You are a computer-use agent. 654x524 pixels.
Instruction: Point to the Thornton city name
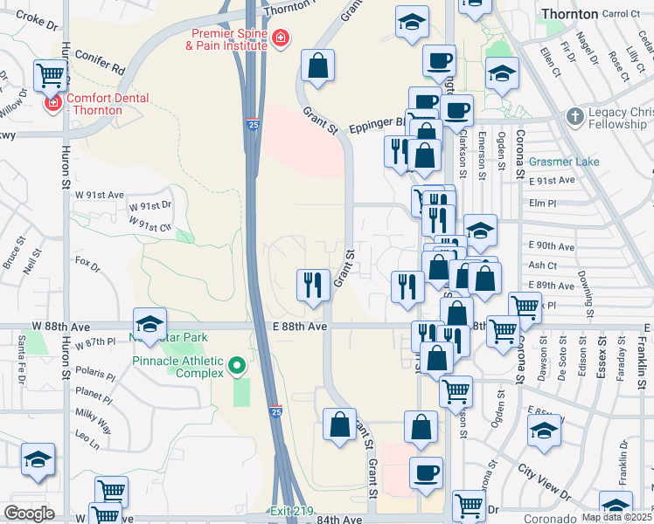(569, 14)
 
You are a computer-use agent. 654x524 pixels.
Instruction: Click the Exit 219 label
(290, 511)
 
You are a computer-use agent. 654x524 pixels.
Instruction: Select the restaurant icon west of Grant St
(313, 285)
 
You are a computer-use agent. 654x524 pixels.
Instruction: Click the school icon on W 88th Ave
(150, 323)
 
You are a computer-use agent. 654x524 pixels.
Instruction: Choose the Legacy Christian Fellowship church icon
(574, 114)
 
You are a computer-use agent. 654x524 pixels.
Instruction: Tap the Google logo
(29, 514)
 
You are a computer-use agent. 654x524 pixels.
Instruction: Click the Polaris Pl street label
(95, 374)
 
